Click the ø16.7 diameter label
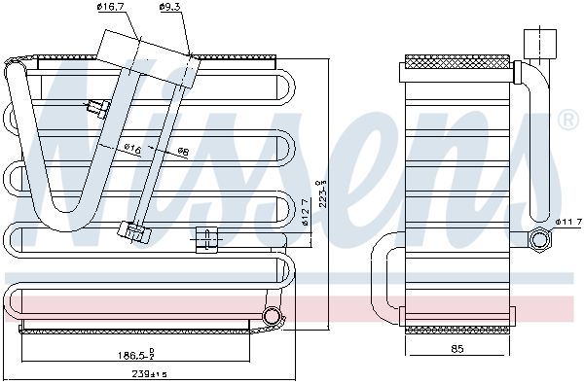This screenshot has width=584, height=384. [110, 7]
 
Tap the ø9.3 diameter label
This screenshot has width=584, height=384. [169, 7]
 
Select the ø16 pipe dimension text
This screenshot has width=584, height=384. [132, 149]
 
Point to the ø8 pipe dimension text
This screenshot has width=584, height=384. [183, 152]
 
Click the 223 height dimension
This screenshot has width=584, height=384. [322, 193]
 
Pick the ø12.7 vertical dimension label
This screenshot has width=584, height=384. [305, 213]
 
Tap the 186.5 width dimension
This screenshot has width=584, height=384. [136, 354]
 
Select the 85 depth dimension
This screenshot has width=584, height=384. [457, 349]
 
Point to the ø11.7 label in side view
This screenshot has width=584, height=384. [568, 223]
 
